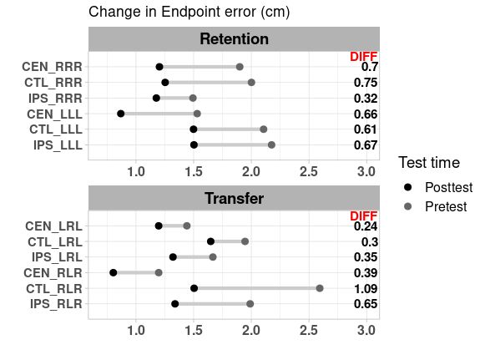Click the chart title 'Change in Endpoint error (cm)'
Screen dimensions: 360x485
[x=189, y=12]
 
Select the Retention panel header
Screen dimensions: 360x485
[x=234, y=39]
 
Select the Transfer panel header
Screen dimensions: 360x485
[x=234, y=199]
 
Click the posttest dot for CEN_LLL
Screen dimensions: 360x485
[x=121, y=114]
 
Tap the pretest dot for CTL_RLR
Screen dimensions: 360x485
[x=320, y=288]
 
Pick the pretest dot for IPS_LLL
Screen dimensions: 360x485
[x=271, y=145]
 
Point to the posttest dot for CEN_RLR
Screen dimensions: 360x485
[x=114, y=272]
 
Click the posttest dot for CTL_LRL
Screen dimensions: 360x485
[x=210, y=241]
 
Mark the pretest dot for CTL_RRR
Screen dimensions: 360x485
[x=251, y=83]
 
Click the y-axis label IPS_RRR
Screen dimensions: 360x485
[x=58, y=99]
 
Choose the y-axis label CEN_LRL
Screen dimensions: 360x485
[x=54, y=226]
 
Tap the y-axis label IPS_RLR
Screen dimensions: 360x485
[x=58, y=304]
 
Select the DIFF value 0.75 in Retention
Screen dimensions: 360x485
[x=365, y=83]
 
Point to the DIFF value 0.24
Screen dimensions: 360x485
[x=365, y=226]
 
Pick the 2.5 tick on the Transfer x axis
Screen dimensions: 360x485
[x=308, y=333]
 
